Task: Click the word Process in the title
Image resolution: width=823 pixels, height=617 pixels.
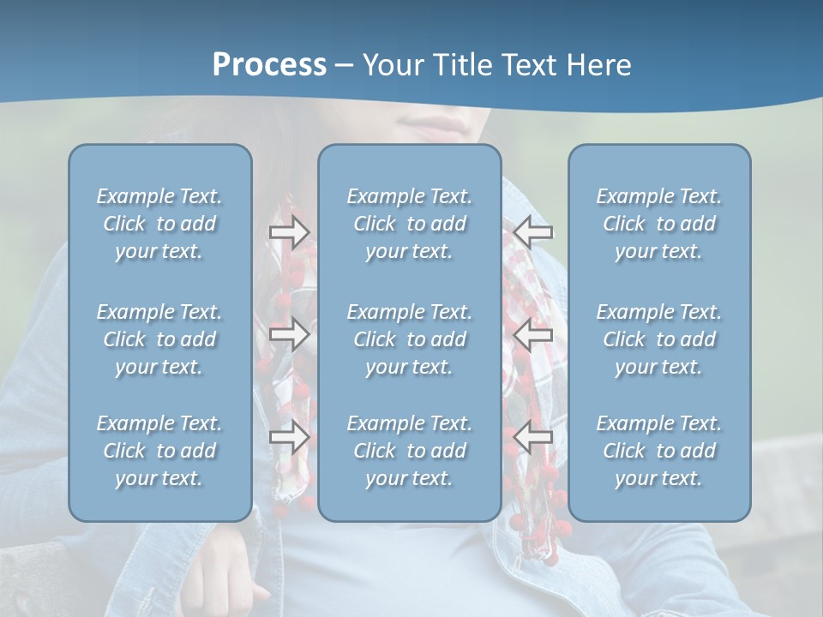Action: click(269, 65)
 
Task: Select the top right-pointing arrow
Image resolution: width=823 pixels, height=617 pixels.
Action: click(290, 231)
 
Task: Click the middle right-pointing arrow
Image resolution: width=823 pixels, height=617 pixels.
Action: click(290, 334)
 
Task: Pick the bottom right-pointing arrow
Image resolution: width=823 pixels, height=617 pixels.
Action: click(290, 437)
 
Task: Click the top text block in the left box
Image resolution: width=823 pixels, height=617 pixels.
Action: click(159, 224)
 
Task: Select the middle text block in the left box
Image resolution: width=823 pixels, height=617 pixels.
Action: click(159, 339)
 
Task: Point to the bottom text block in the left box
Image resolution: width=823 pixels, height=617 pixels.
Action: click(159, 451)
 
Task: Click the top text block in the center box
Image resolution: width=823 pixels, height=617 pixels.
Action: click(410, 224)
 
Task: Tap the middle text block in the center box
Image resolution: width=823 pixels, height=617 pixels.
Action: click(410, 339)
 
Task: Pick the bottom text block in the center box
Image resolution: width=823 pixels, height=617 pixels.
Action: click(410, 451)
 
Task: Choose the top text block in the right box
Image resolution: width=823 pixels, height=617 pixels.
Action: click(659, 224)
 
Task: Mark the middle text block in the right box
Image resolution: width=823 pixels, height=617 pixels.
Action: click(659, 339)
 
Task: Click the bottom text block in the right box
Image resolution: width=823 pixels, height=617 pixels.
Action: click(659, 451)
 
